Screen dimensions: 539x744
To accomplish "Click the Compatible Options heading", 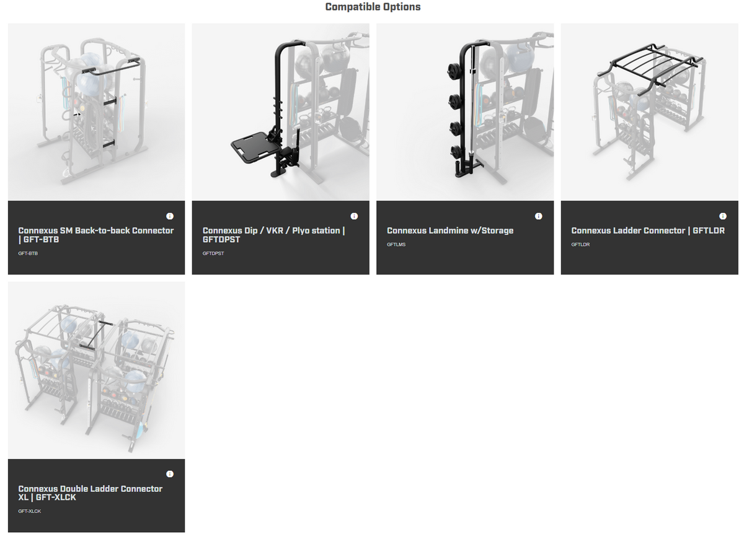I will pos(373,7).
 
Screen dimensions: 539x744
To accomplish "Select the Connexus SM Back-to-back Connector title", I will pos(95,235).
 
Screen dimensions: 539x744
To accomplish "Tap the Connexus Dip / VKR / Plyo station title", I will pos(273,235).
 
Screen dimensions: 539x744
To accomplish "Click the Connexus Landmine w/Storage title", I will pos(450,230).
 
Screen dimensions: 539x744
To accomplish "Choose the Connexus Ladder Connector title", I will pos(648,230).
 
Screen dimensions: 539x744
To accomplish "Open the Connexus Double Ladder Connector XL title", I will pos(90,493).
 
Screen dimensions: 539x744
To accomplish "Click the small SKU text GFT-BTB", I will pos(28,253).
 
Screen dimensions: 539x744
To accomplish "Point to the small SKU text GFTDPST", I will pos(213,253).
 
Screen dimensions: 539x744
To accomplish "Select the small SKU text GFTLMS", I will pos(396,245).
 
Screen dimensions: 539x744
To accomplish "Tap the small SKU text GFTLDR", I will pos(580,245).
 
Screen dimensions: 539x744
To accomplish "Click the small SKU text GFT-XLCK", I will pos(29,511).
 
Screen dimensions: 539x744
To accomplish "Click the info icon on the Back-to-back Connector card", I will pos(170,216).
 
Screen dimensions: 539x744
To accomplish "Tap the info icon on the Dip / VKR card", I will pos(354,216).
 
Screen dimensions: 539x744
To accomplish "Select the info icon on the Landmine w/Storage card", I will pos(538,216).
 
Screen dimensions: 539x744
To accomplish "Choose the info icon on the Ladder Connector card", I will pos(722,216).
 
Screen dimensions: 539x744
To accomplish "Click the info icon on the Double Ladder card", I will pos(170,474).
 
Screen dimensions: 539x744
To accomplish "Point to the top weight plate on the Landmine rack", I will pos(451,69).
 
